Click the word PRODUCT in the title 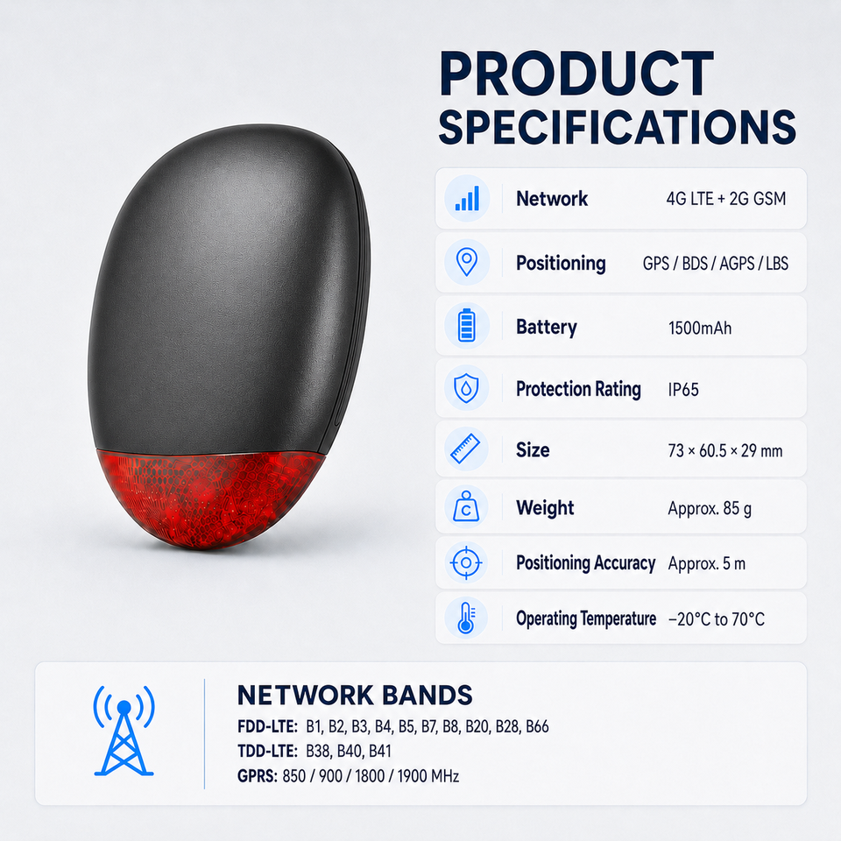click(x=576, y=74)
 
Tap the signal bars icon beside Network click(x=467, y=199)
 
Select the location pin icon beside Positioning click(x=467, y=262)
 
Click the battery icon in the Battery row click(x=467, y=325)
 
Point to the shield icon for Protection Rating click(x=467, y=388)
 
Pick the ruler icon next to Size click(x=465, y=449)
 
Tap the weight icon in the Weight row click(x=466, y=506)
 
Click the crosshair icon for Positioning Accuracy click(x=466, y=562)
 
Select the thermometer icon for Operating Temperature click(x=466, y=618)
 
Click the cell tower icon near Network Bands click(x=124, y=731)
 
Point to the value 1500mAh click(x=700, y=328)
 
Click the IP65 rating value click(x=683, y=389)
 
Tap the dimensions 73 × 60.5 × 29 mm click(x=725, y=450)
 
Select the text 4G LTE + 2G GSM click(x=726, y=199)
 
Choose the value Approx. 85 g click(x=710, y=508)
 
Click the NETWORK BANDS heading click(x=355, y=695)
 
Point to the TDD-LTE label click(x=267, y=751)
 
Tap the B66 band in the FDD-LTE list click(x=537, y=726)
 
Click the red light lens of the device click(x=212, y=496)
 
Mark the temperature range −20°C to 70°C click(x=717, y=619)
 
